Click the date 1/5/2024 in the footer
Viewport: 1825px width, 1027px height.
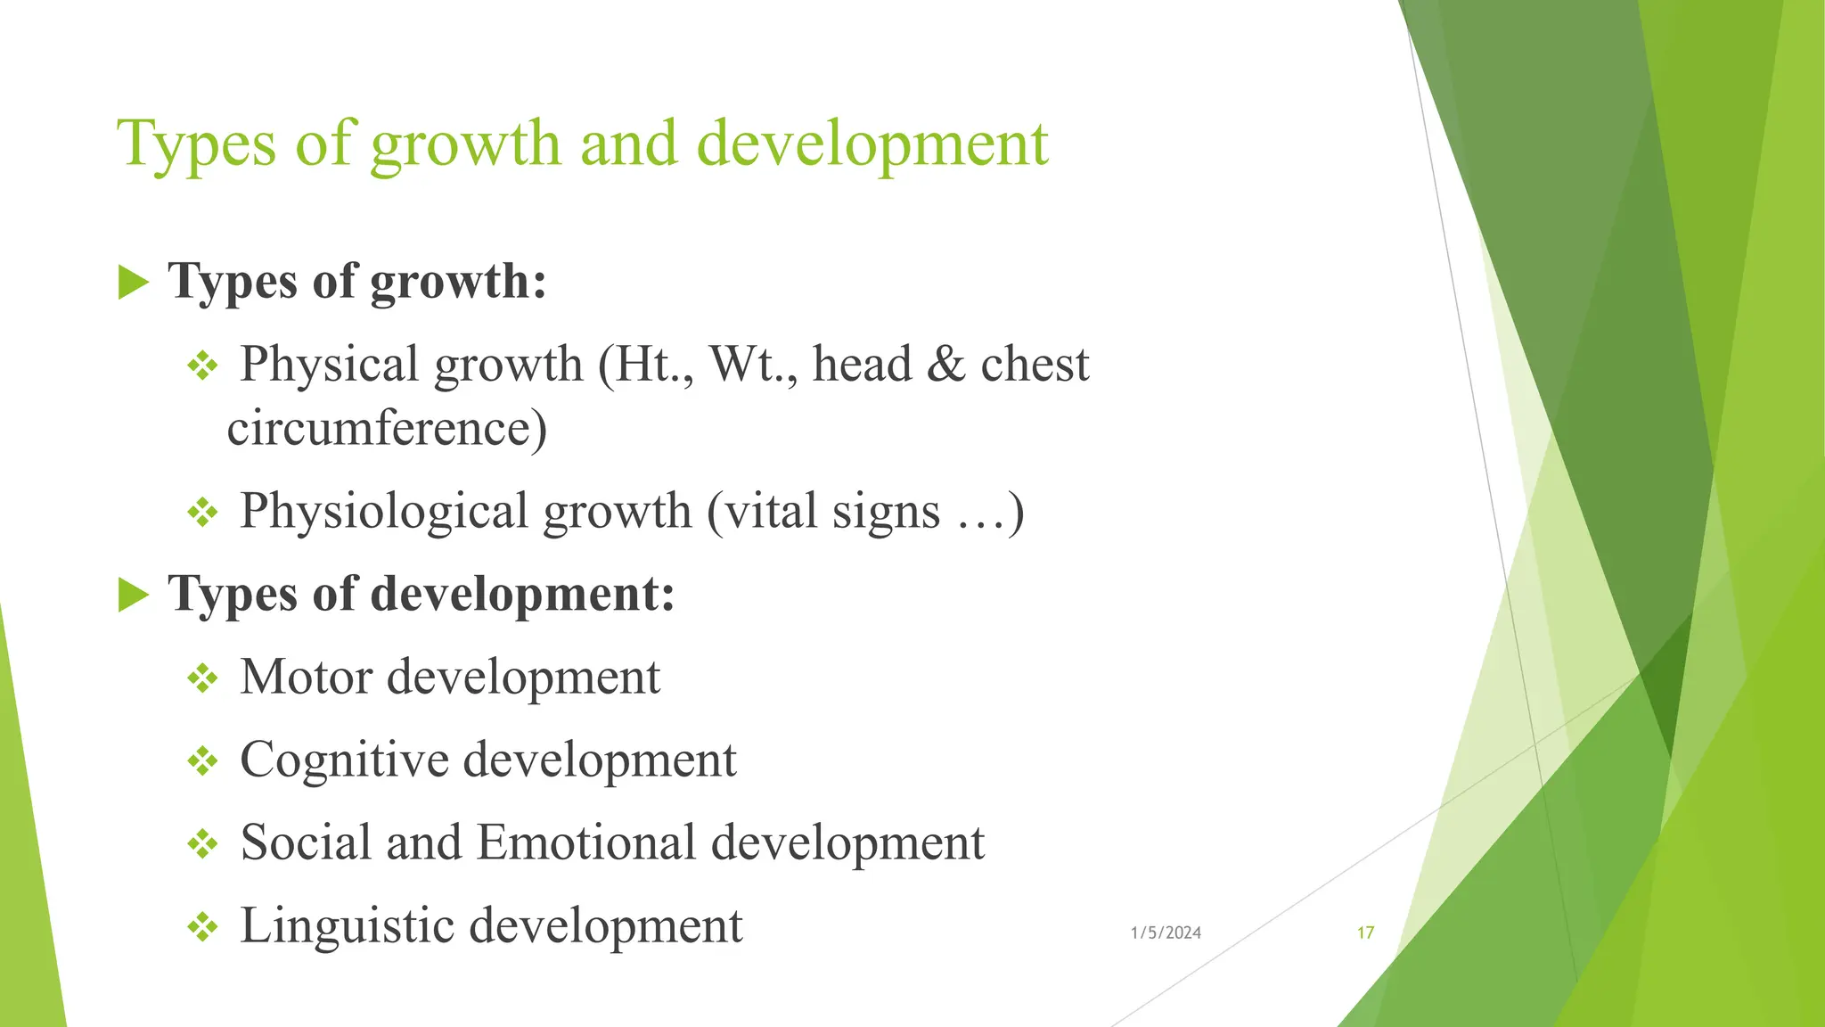[x=1166, y=933]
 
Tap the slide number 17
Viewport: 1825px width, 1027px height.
[x=1365, y=933]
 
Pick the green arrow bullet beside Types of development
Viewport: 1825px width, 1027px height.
[x=134, y=595]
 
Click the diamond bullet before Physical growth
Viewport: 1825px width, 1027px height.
[x=203, y=366]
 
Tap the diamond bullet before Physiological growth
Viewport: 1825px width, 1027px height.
[x=203, y=513]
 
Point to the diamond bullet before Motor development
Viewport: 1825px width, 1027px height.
[x=203, y=678]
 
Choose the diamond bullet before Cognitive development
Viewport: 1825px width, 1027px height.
[x=203, y=761]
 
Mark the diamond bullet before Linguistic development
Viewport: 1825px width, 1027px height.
[x=203, y=927]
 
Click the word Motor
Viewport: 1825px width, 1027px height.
[x=307, y=677]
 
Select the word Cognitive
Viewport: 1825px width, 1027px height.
[x=344, y=760]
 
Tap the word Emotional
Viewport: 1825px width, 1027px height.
[x=585, y=842]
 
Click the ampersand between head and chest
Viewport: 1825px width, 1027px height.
[x=945, y=365]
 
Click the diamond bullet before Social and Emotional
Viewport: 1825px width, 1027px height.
[x=203, y=844]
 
